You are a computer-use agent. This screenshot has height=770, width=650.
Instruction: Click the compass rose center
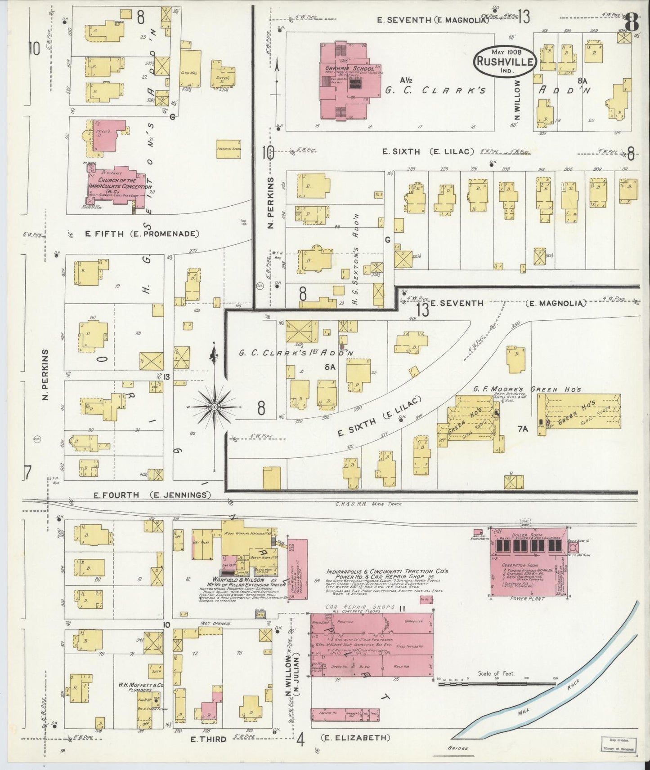[215, 407]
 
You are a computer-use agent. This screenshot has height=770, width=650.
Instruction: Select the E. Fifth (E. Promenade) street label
[142, 234]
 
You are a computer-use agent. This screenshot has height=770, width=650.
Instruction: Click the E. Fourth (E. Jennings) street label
[152, 495]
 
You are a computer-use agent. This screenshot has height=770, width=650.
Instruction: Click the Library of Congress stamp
[618, 744]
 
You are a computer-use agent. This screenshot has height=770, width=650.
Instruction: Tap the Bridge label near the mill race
[457, 748]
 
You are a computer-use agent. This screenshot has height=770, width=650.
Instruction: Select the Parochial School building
[229, 149]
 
